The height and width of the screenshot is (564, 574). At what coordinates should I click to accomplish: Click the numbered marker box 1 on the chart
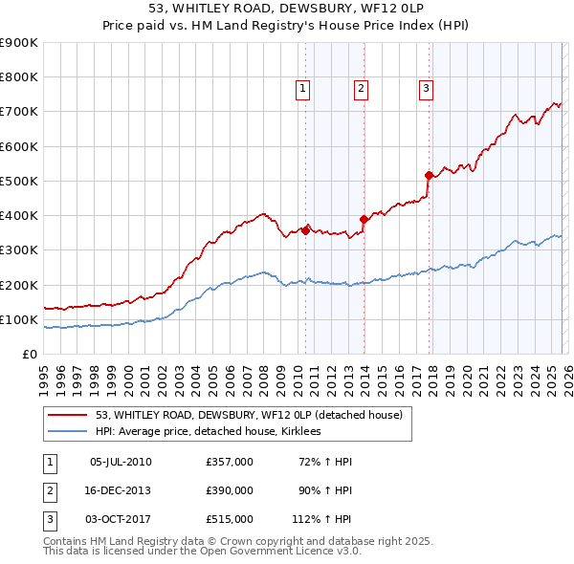coord(302,89)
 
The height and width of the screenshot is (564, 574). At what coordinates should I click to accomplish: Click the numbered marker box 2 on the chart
coord(362,89)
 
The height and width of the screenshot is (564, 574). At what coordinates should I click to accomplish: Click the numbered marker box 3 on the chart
coord(426,89)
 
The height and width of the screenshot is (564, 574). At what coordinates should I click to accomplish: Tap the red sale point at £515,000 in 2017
coord(429,175)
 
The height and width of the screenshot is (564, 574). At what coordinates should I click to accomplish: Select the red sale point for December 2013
coord(364,219)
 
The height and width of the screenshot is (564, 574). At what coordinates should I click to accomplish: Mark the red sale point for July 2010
coord(305,230)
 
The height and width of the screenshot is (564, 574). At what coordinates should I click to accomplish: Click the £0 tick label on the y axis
coord(31,354)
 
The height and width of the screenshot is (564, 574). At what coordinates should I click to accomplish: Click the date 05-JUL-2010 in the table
coord(120,462)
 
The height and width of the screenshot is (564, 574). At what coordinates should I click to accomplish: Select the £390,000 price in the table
coord(229,490)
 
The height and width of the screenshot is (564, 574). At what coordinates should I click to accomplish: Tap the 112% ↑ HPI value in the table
coord(321,519)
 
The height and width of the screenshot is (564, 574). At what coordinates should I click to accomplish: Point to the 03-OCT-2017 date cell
coord(120,519)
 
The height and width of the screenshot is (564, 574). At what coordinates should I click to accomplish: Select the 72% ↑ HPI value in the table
coord(325,462)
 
